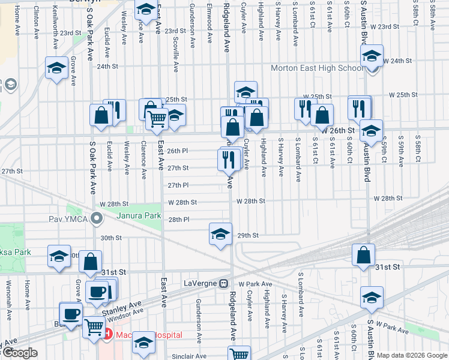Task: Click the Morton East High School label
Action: [x=316, y=68]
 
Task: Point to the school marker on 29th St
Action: [x=220, y=233]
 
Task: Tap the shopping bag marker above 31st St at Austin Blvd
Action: [x=364, y=254]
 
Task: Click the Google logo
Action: [x=19, y=353]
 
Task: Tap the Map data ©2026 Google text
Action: [x=412, y=355]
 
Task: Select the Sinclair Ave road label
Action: [x=189, y=356]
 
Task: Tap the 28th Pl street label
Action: [x=179, y=220]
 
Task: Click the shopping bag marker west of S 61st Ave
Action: [x=322, y=115]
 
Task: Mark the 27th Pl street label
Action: [x=178, y=185]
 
